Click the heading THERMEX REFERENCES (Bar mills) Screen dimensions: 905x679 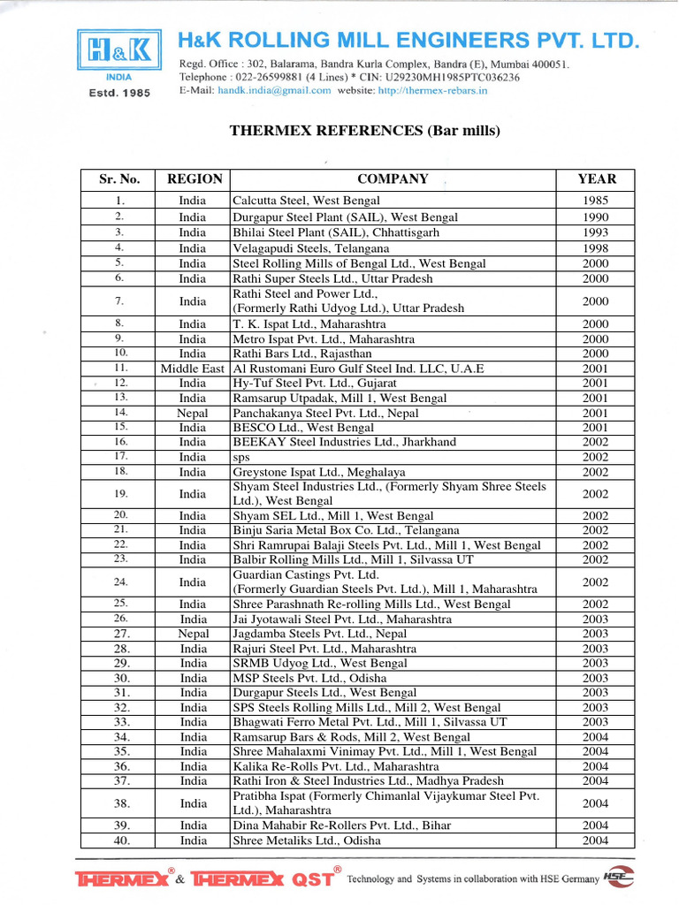(x=365, y=131)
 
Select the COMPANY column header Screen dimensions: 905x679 (x=393, y=179)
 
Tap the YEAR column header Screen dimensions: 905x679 (x=596, y=179)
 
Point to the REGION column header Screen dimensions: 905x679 (x=195, y=179)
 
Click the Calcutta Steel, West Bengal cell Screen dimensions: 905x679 (x=306, y=201)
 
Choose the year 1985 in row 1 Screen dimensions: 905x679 (x=595, y=201)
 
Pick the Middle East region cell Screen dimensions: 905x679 (x=193, y=369)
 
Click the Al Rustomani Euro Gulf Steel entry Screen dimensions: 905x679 (x=358, y=369)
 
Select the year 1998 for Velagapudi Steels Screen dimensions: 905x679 (x=595, y=248)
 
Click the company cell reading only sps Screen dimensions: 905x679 (x=241, y=457)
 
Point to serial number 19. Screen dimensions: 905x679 (x=122, y=493)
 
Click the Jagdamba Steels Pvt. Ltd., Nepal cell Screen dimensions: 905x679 (x=320, y=634)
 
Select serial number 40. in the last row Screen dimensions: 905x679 (x=122, y=840)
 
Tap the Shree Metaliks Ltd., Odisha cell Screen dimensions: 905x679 (x=307, y=840)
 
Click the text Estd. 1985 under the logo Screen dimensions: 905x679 (x=113, y=93)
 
